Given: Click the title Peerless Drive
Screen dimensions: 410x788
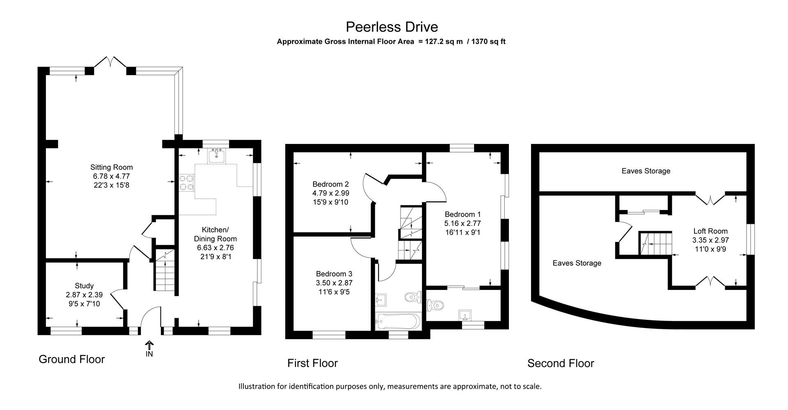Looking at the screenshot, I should pyautogui.click(x=392, y=27).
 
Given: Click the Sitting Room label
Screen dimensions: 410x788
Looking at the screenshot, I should pyautogui.click(x=111, y=167).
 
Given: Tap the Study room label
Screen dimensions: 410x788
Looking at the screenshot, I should pyautogui.click(x=84, y=286).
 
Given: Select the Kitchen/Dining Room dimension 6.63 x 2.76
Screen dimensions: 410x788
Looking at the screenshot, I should pyautogui.click(x=215, y=248).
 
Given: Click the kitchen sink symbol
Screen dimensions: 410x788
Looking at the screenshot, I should pyautogui.click(x=216, y=156).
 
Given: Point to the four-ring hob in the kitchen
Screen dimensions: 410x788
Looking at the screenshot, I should pyautogui.click(x=187, y=182).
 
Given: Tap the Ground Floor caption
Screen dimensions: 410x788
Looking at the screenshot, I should pyautogui.click(x=71, y=359).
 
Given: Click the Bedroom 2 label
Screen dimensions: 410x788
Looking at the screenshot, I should pyautogui.click(x=330, y=184).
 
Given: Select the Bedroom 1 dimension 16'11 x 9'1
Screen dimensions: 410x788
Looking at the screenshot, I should pyautogui.click(x=463, y=232).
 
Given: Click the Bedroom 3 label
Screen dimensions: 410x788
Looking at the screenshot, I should pyautogui.click(x=334, y=274).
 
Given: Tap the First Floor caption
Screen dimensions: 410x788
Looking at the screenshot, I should pyautogui.click(x=312, y=363).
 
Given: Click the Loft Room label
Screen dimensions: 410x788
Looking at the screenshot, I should pyautogui.click(x=710, y=231).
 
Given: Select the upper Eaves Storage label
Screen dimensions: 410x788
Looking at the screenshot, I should pyautogui.click(x=646, y=171).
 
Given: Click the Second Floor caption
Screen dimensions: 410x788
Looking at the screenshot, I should pyautogui.click(x=560, y=363).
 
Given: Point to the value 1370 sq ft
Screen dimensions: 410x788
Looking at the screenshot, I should pyautogui.click(x=488, y=41).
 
